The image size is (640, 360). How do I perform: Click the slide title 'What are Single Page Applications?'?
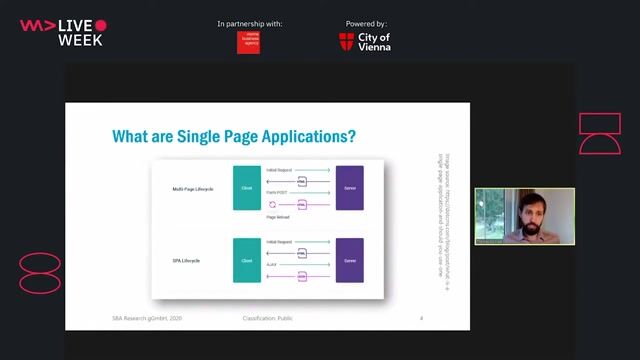coord(233,136)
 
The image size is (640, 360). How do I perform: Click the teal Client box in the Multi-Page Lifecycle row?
coord(246,187)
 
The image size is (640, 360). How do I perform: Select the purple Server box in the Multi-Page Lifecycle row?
coord(349,187)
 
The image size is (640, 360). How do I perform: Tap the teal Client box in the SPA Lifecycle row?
coord(246,260)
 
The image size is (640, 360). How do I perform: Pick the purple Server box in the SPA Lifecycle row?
coord(349,260)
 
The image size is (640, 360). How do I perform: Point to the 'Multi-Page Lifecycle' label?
coord(193,187)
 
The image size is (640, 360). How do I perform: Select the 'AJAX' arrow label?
coord(272,263)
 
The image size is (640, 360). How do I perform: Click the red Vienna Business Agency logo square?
coord(248,41)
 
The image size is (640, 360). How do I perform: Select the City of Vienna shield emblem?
coord(346,41)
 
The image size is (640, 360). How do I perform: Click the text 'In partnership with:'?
coord(249,23)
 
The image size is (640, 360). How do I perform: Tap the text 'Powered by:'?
coord(366,23)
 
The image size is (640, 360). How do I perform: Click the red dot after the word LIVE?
coord(101,25)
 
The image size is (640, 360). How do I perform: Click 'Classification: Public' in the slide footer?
coord(268,318)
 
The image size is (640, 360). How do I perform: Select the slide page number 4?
coord(421,318)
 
